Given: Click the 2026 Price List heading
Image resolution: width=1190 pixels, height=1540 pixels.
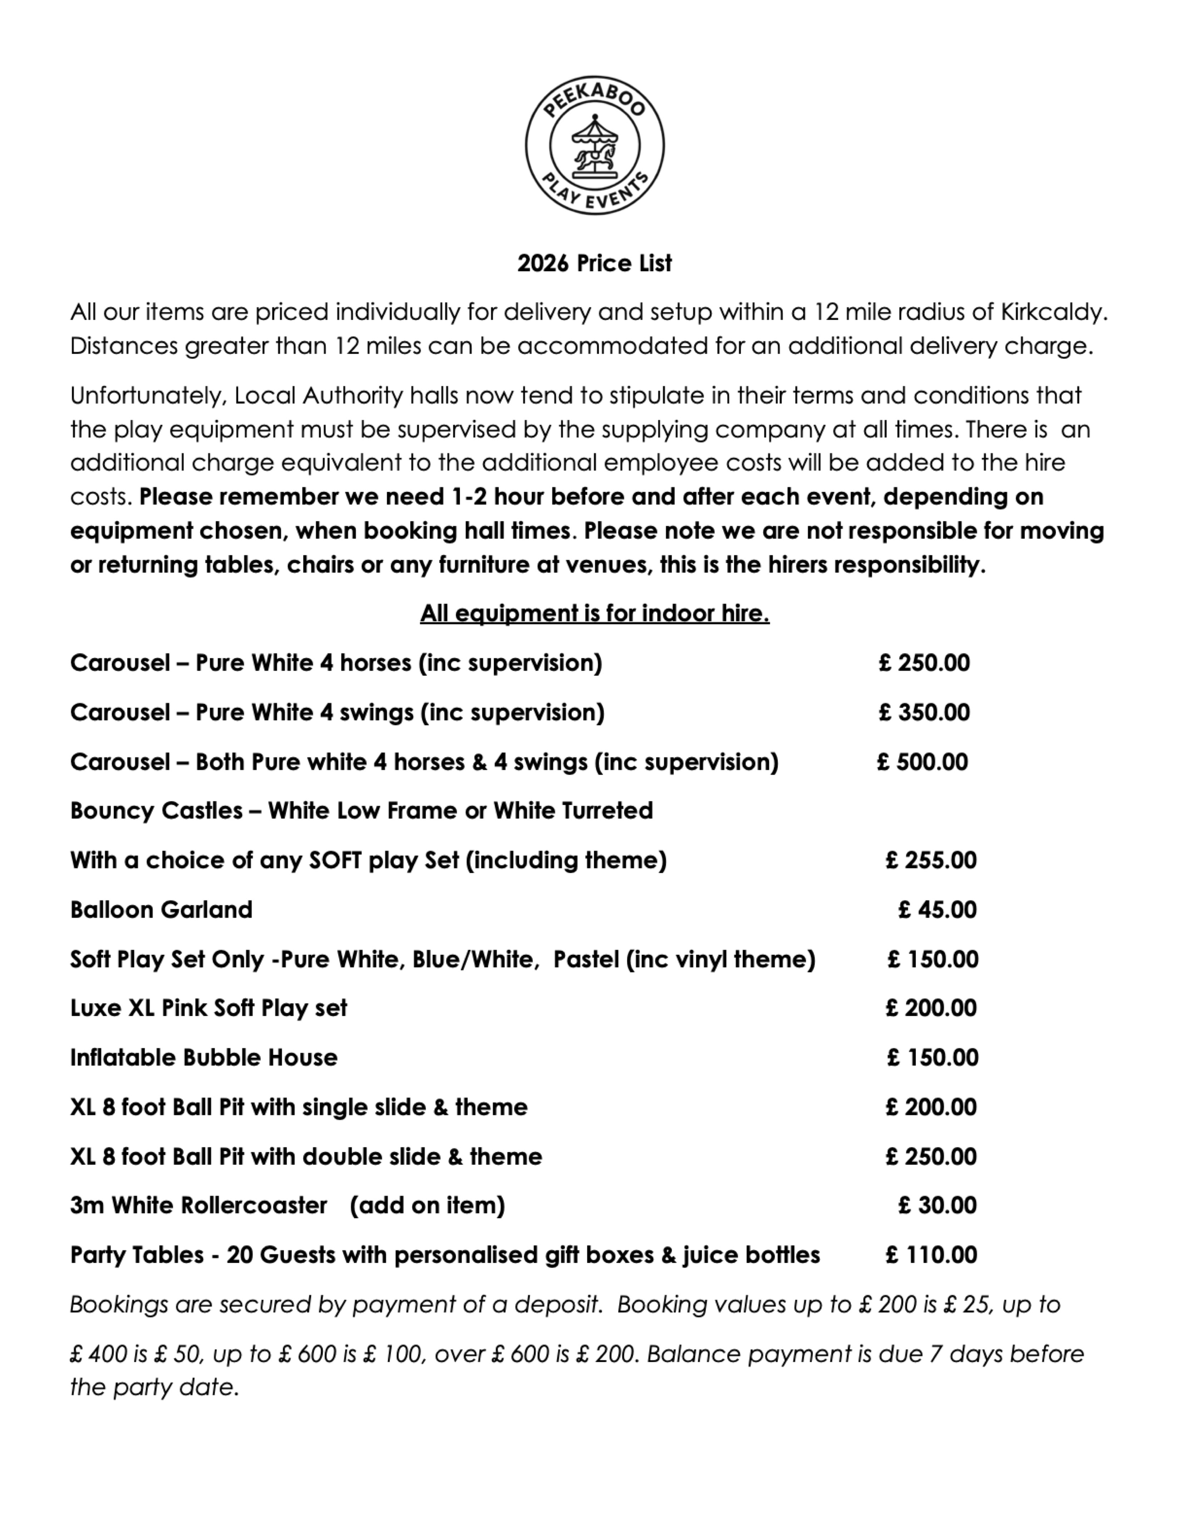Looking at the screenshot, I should pos(594,263).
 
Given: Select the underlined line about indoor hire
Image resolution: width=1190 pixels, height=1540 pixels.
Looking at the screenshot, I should pos(594,613).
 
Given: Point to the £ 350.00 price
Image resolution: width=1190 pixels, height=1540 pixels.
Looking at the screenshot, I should pos(924,712).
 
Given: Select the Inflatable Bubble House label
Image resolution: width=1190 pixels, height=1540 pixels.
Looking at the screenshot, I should pos(204,1058).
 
